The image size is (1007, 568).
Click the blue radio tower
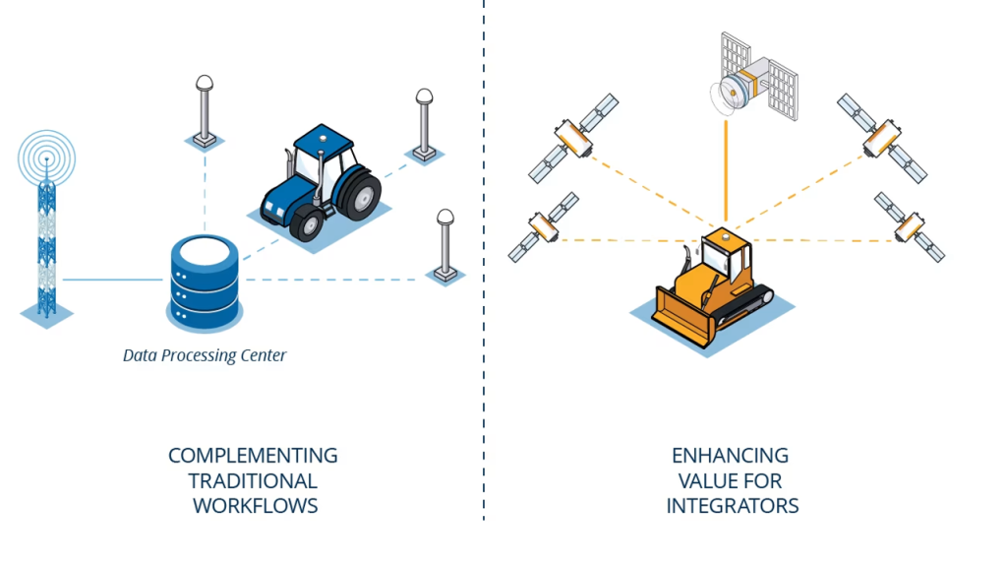[x=46, y=236]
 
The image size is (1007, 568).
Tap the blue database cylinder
[x=205, y=282]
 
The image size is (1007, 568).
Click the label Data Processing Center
[x=205, y=355]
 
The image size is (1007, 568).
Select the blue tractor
[x=321, y=181]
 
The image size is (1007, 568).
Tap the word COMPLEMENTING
[x=253, y=457]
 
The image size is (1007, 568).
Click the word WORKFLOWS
[x=255, y=506]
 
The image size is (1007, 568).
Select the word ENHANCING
[x=730, y=457]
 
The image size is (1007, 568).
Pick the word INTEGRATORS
[x=732, y=506]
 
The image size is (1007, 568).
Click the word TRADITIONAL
[x=253, y=481]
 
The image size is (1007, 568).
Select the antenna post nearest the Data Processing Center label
[x=444, y=242]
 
